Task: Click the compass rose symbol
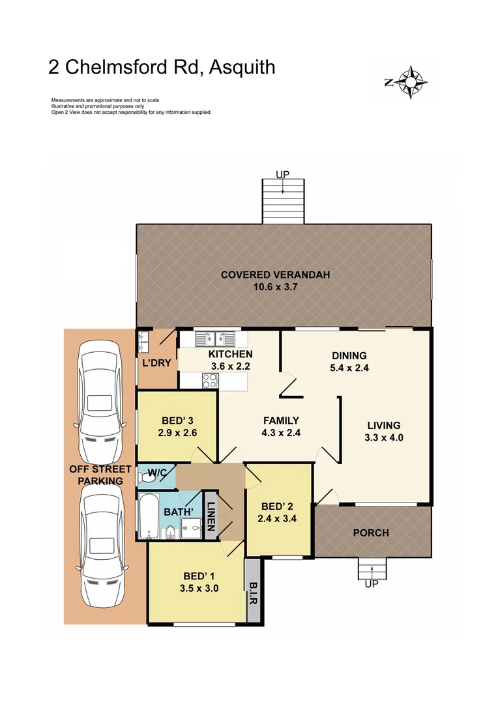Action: point(409,82)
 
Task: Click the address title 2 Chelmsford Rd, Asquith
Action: point(162,67)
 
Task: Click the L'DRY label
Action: point(156,363)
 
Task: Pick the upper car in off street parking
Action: point(100,402)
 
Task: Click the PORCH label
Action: point(371,532)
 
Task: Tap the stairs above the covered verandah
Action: point(282,200)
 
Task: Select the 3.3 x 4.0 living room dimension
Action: point(384,437)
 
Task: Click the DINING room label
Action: point(349,356)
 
